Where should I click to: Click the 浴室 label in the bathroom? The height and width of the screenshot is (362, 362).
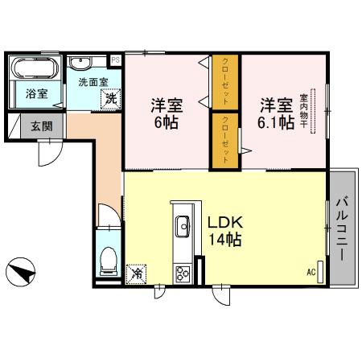point(35,94)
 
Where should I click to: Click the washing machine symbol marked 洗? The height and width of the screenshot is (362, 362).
point(108,98)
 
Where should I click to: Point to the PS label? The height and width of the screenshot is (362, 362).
point(115,60)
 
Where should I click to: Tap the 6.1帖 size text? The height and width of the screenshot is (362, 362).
point(275,123)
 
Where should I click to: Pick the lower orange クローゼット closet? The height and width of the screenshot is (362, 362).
point(226,141)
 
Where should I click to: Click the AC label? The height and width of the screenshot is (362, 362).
point(311,274)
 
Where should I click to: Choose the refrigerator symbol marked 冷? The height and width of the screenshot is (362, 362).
point(137,273)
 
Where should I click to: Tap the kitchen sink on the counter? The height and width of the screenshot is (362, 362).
point(182,226)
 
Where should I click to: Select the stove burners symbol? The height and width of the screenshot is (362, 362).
point(182,272)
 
